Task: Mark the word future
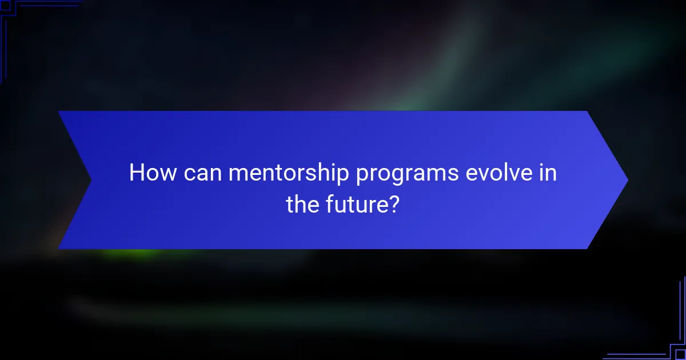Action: pyautogui.click(x=358, y=204)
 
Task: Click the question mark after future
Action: pyautogui.click(x=393, y=204)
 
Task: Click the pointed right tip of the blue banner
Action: pyautogui.click(x=627, y=180)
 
